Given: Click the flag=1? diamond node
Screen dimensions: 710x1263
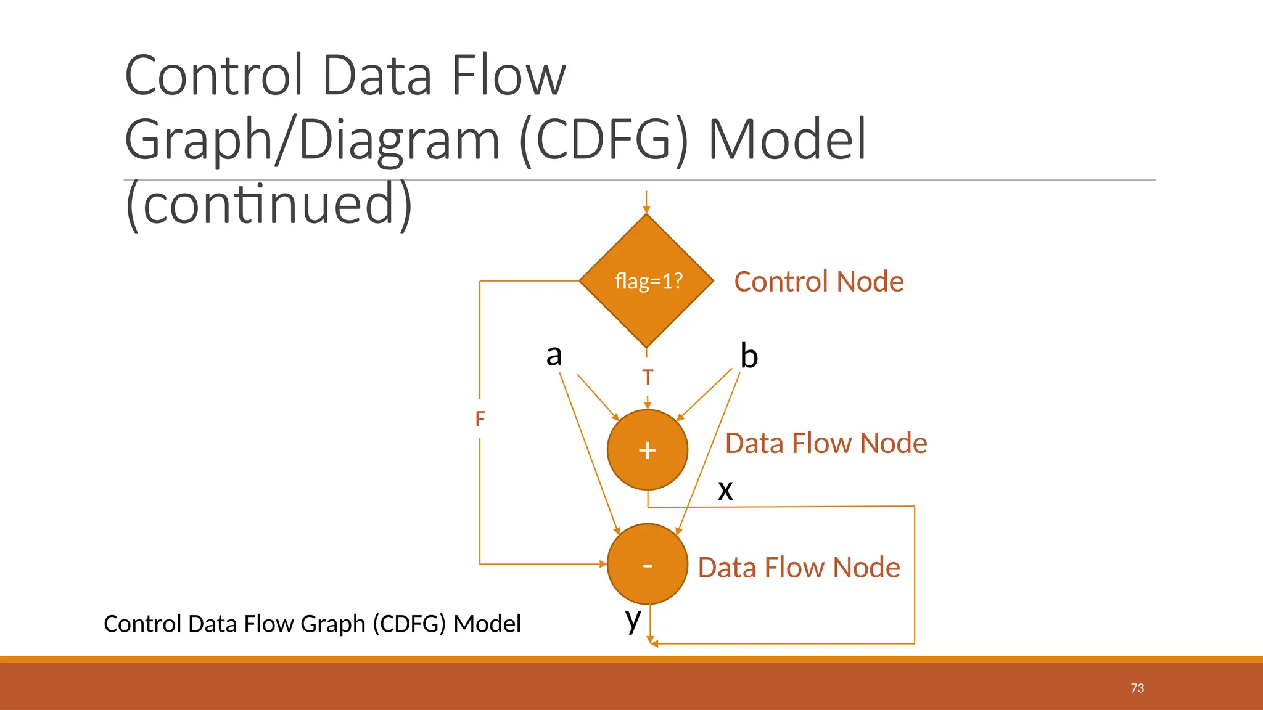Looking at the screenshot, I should pos(647,281).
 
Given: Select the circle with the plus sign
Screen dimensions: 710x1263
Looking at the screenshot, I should pos(647,450).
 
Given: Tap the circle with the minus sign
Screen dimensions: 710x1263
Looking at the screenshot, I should pos(647,564).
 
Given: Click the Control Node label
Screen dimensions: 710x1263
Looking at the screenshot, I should pos(818,282).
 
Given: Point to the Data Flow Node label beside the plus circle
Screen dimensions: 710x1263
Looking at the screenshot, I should pos(826,443).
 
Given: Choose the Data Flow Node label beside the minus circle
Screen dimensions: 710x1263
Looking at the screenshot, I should pos(799,567).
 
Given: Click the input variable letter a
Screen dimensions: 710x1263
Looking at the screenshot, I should pos(554,356).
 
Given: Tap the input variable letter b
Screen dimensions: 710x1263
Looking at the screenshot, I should pos(749,356).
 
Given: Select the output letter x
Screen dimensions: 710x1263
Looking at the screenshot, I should pos(725,490).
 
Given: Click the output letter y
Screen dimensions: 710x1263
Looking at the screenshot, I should pos(633,619).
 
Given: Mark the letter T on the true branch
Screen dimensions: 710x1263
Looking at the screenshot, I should pos(647,377).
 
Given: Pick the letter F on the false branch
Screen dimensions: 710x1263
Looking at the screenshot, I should pos(480,420).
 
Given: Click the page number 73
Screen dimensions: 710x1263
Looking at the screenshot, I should pos(1137,688).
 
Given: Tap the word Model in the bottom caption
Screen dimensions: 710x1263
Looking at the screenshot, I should pos(487,624).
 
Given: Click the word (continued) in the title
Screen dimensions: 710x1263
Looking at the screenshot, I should pos(268,204).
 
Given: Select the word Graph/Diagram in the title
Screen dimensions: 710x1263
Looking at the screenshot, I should pos(312,139).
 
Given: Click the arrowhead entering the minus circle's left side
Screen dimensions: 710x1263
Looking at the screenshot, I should pos(603,564).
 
